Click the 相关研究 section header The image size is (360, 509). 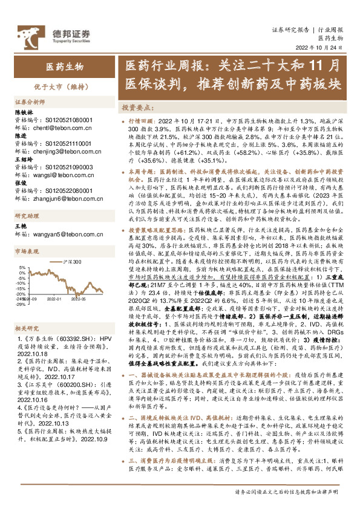26,326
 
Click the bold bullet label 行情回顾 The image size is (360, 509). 142,121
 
